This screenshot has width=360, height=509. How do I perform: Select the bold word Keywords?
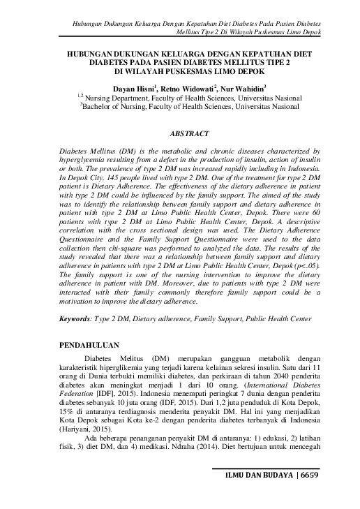point(74,318)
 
